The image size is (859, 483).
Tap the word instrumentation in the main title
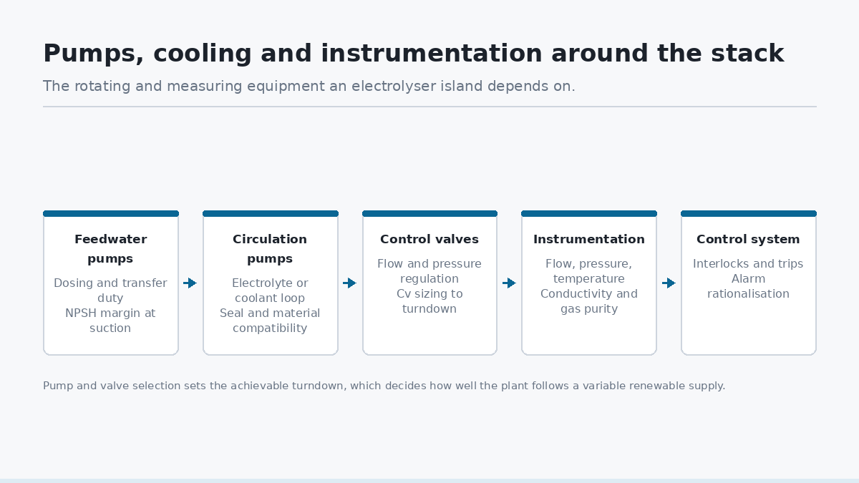[432, 53]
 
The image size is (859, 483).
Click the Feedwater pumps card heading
[110, 249]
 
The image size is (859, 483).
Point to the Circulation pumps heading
[270, 249]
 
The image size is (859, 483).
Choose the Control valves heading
[429, 239]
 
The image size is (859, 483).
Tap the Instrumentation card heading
[589, 239]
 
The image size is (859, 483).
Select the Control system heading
[748, 240]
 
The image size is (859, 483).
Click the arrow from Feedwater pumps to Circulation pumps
[190, 283]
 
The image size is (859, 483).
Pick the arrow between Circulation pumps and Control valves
[350, 283]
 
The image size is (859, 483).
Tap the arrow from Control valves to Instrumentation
[509, 283]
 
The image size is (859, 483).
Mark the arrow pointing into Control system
[669, 283]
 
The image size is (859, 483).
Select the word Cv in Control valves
[404, 294]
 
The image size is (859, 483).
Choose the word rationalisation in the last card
[748, 294]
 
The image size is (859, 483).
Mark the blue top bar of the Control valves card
[430, 213]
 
